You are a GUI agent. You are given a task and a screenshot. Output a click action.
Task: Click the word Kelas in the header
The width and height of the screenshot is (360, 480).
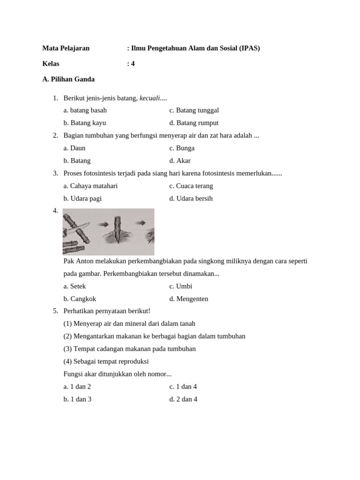click(x=51, y=64)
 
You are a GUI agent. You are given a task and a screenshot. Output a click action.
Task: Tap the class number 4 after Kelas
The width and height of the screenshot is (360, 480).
click(x=133, y=64)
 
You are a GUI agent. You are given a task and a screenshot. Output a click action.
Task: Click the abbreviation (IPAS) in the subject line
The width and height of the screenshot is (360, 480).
click(x=250, y=48)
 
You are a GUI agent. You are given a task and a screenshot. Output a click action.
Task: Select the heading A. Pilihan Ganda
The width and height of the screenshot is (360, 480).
click(x=68, y=79)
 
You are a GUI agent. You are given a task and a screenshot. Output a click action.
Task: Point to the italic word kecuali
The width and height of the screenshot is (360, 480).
click(x=150, y=98)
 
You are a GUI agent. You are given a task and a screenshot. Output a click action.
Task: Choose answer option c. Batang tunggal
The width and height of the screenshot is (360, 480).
click(x=194, y=110)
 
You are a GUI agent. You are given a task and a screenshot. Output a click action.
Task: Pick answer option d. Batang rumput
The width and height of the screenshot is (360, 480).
click(x=194, y=123)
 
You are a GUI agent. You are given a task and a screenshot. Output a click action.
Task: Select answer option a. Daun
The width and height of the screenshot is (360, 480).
click(x=75, y=148)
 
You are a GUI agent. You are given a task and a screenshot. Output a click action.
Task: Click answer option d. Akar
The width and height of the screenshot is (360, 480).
click(x=180, y=161)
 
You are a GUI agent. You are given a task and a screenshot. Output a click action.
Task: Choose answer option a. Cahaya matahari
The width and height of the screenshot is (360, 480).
click(x=90, y=186)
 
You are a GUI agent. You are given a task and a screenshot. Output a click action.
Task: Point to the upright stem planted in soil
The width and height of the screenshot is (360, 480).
click(x=118, y=227)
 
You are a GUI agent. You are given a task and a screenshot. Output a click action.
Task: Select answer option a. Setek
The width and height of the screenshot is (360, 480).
click(x=75, y=286)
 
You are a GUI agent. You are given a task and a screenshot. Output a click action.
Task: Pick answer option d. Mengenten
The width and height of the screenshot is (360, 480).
click(x=188, y=299)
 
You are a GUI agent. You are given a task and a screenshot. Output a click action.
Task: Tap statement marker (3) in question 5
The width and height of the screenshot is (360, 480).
click(x=67, y=349)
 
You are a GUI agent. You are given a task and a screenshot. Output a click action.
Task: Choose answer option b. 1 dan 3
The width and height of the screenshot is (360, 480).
click(x=77, y=399)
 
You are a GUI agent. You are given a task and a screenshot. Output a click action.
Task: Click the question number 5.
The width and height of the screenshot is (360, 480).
click(x=55, y=311)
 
